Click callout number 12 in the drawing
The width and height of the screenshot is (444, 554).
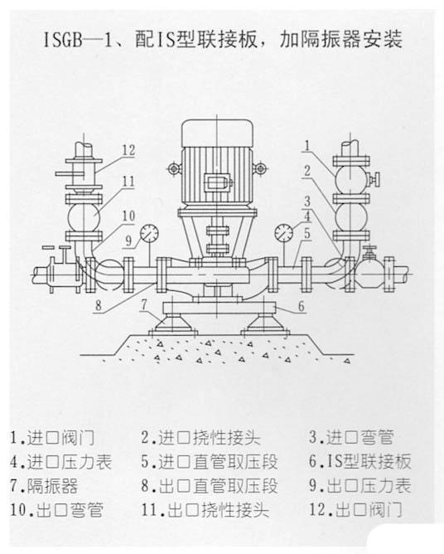point(129,150)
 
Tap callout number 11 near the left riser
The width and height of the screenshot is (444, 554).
point(129,182)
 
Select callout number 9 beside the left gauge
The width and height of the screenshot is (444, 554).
point(128,241)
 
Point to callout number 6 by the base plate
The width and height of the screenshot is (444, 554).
point(301,306)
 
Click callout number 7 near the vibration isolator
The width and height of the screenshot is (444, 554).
point(143,305)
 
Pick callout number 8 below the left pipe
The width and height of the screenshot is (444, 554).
point(99,305)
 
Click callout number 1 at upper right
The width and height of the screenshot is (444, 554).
point(307,145)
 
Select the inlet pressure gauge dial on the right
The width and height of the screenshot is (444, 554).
point(283,233)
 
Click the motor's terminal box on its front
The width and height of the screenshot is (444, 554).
point(217,182)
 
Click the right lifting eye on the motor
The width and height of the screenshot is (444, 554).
point(260,168)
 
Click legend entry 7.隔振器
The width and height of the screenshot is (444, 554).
point(44,486)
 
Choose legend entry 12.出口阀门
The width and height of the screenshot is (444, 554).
point(355,510)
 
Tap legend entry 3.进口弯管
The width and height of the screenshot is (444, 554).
point(351,437)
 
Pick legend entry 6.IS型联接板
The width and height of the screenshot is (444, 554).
point(360,462)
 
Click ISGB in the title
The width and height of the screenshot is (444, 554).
point(63,40)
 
